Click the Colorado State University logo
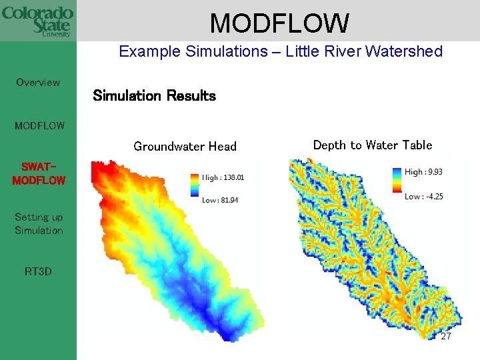37,21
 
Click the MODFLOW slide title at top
279,23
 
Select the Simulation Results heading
154,95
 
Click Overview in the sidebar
38,83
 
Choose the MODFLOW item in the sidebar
39,125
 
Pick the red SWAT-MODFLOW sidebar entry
39,174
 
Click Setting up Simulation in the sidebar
39,224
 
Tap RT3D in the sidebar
38,271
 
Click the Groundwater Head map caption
185,147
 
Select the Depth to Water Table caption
372,145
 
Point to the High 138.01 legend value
223,178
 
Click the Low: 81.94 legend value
220,200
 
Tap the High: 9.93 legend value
423,172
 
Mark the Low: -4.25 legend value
423,196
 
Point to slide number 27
446,337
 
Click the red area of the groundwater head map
107,177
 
